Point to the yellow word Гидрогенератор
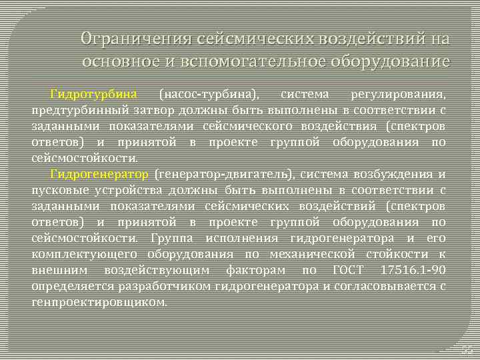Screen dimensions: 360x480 pos(99,174)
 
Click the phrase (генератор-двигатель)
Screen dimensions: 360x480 pos(223,174)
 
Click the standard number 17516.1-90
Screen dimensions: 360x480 pos(421,270)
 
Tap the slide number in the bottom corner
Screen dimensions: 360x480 pos(467,349)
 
